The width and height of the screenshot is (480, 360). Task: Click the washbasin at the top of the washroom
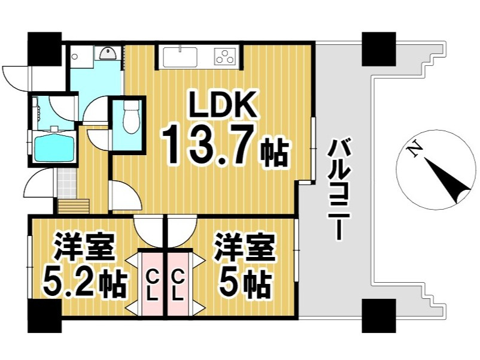tap(108, 53)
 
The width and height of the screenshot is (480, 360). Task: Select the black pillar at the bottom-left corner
tap(45, 314)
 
